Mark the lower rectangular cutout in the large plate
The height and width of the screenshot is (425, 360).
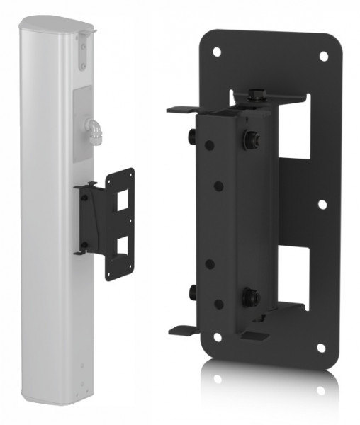[x=291, y=276]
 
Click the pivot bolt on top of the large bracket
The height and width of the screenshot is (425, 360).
[x=256, y=94]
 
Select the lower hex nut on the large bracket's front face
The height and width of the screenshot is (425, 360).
[x=252, y=297]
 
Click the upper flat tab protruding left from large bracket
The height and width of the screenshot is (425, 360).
[x=183, y=110]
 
